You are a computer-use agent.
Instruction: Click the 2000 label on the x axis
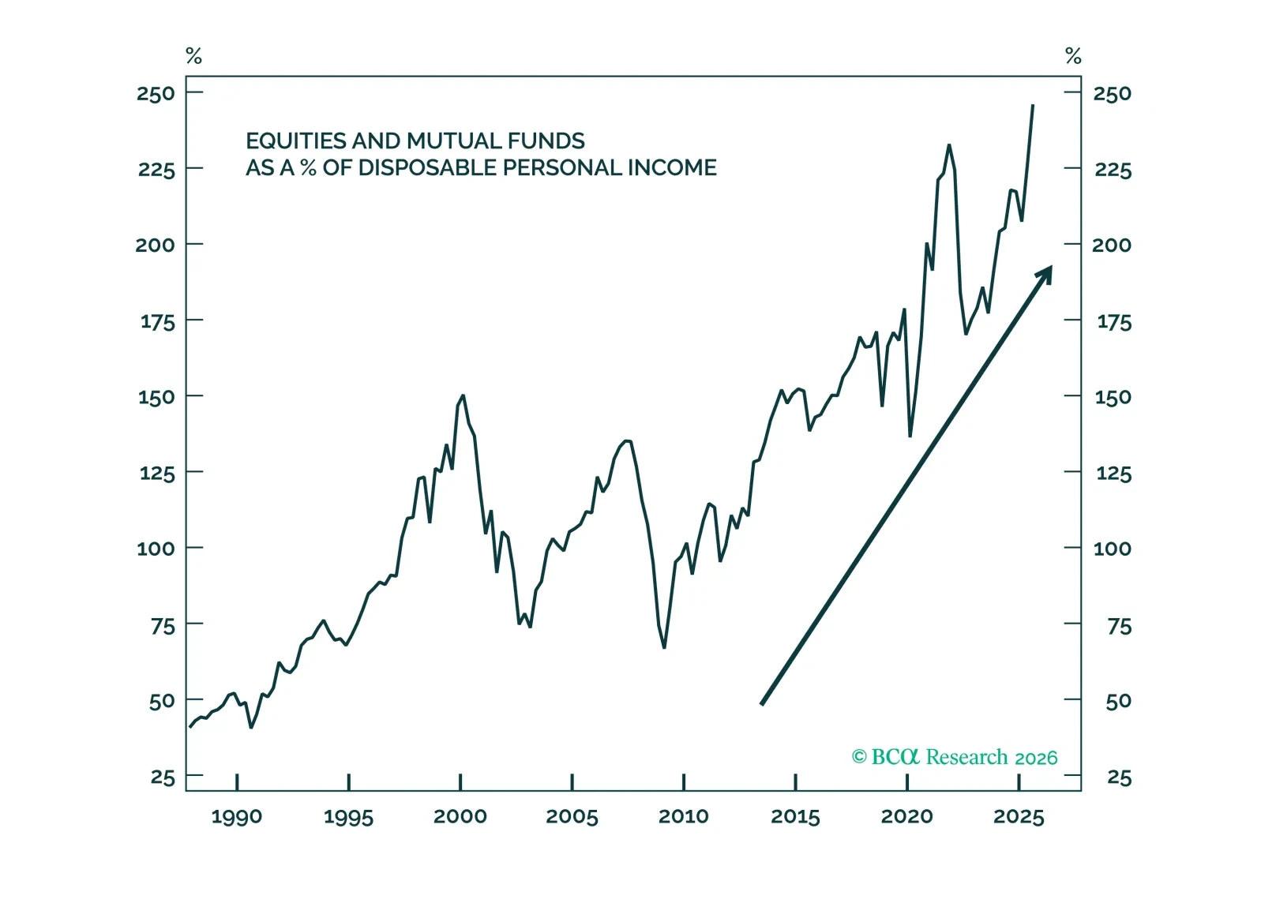460,816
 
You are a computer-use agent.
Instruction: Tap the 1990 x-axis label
236,817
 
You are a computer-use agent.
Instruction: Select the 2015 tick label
795,816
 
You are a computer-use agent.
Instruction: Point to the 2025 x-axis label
1019,816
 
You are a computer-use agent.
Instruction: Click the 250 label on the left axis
156,94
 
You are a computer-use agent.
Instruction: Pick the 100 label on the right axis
1112,549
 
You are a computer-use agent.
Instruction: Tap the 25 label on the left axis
163,777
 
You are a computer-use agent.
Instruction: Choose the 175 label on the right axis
1113,322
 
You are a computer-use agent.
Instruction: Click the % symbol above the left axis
193,56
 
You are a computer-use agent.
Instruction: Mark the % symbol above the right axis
1073,56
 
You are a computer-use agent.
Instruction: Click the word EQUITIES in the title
296,141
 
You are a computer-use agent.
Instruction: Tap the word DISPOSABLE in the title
426,168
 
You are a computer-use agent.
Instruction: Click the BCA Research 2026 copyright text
954,757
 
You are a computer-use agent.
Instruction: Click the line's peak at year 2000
463,395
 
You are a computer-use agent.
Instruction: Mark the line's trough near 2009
664,648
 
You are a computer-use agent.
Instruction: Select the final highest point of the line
1033,105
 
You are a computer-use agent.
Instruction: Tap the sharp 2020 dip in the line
910,436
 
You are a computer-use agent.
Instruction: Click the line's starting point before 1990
190,727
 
